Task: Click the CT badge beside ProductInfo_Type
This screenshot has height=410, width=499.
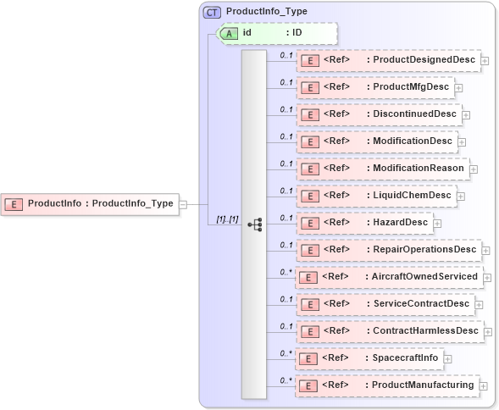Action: pyautogui.click(x=212, y=12)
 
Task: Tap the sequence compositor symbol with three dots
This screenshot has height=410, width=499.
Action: pyautogui.click(x=254, y=224)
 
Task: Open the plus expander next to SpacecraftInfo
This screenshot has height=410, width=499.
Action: pyautogui.click(x=448, y=359)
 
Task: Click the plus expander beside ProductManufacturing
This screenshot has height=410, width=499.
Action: pyautogui.click(x=484, y=386)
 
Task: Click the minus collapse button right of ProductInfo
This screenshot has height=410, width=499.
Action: pyautogui.click(x=183, y=204)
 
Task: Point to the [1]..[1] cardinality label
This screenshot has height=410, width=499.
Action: pyautogui.click(x=226, y=220)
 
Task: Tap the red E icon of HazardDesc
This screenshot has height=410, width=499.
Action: pyautogui.click(x=309, y=224)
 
